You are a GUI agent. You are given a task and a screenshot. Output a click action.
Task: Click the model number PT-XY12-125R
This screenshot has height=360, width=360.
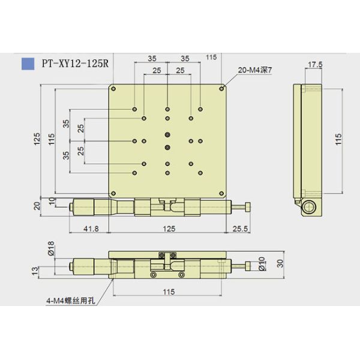tap(74, 62)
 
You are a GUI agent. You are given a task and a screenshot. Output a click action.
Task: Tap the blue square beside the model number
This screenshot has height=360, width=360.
tap(28, 62)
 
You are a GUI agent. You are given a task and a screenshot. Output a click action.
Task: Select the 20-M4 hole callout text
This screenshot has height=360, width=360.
tap(255, 70)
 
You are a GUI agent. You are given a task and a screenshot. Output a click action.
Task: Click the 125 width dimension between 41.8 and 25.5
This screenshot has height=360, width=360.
tap(167, 228)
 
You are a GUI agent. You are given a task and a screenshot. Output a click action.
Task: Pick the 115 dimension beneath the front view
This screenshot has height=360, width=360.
tap(167, 292)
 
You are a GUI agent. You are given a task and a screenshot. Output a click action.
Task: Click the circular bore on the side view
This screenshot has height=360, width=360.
tap(308, 208)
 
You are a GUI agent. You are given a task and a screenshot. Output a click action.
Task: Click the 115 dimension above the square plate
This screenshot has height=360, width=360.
tap(211, 57)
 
